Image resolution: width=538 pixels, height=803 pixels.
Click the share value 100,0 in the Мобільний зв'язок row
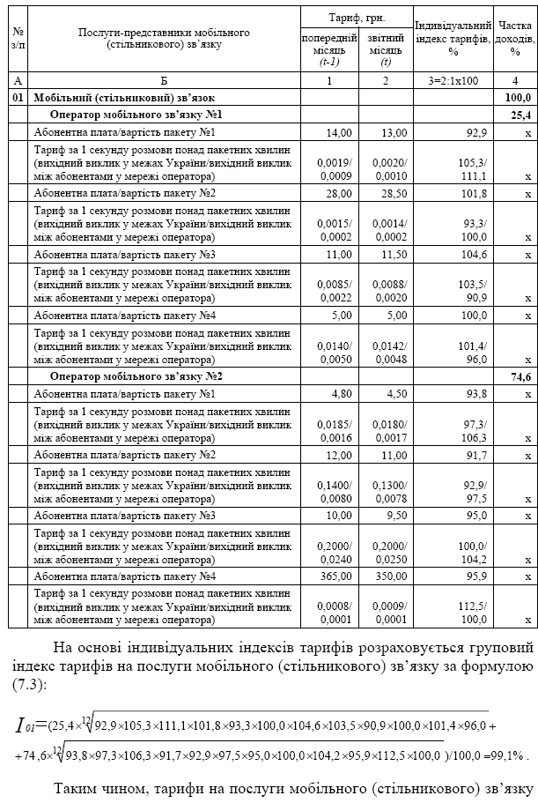[x=519, y=98]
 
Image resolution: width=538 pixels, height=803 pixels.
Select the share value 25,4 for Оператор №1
[x=520, y=115]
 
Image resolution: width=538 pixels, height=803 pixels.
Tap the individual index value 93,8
[x=475, y=393]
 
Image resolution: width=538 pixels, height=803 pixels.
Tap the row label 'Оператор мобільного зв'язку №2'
[x=136, y=377]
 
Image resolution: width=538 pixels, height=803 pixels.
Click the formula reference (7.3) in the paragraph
[x=29, y=685]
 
